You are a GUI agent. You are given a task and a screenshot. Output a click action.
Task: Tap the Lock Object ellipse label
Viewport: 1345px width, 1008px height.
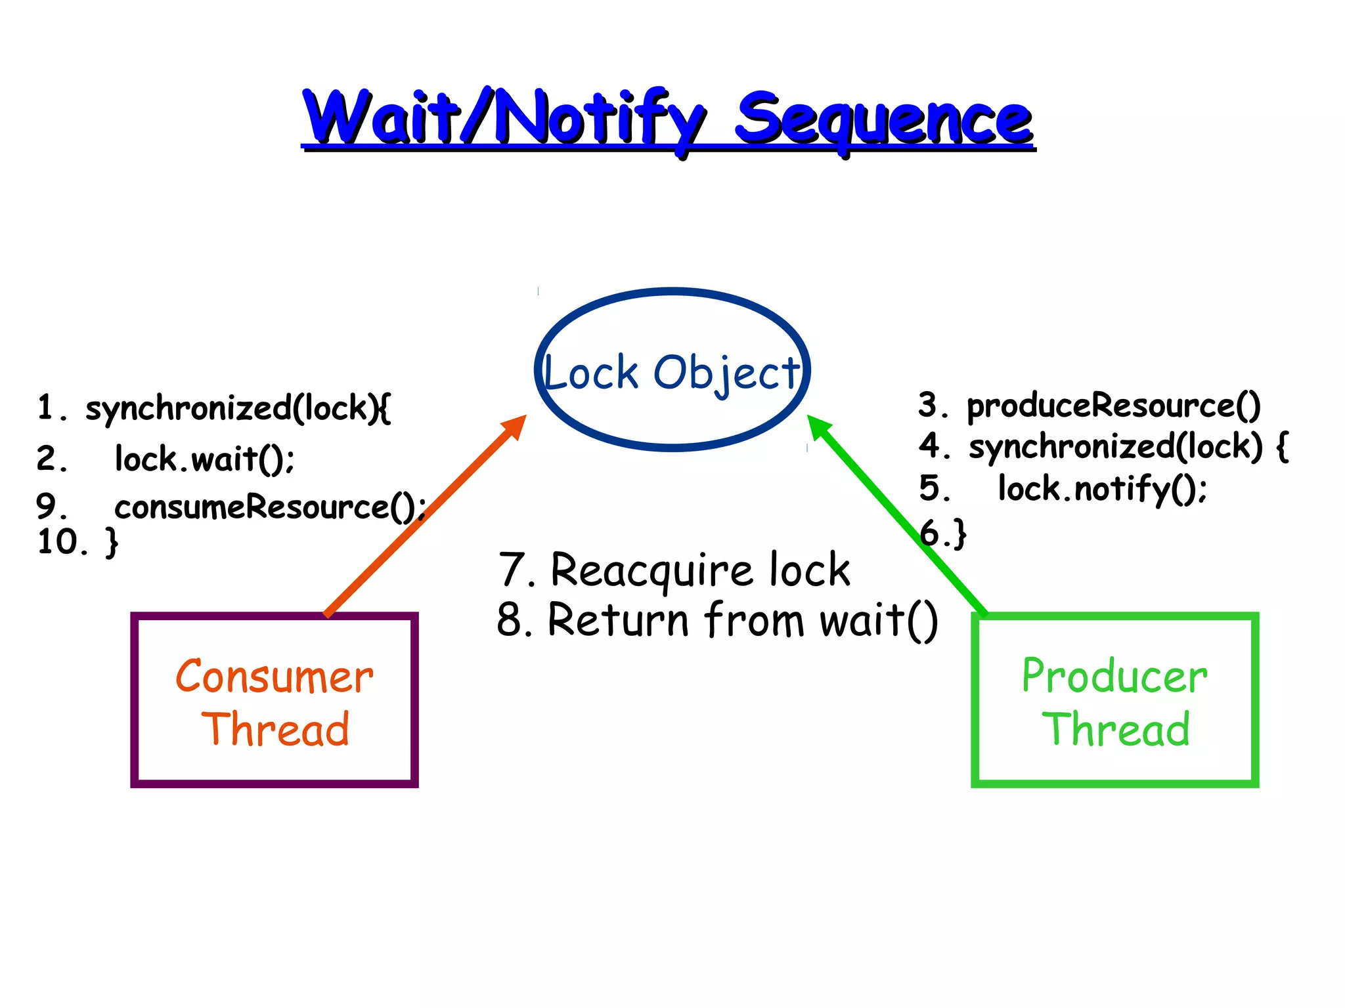pyautogui.click(x=672, y=373)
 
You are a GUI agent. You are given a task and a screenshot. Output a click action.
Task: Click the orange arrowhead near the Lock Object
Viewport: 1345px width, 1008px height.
pyautogui.click(x=515, y=427)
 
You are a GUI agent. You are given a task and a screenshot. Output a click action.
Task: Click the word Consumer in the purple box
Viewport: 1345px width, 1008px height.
pyautogui.click(x=275, y=677)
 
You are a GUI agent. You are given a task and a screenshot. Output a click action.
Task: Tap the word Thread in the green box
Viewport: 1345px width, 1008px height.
pyautogui.click(x=1116, y=730)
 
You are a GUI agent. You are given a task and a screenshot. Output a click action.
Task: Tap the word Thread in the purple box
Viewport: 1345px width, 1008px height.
pyautogui.click(x=275, y=730)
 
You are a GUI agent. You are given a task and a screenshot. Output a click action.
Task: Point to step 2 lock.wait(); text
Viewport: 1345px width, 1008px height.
pyautogui.click(x=204, y=459)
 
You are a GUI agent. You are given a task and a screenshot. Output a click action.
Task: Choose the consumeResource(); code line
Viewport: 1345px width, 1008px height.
pyautogui.click(x=270, y=507)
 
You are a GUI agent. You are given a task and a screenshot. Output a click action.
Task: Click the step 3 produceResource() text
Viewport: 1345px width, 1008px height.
pyautogui.click(x=1113, y=406)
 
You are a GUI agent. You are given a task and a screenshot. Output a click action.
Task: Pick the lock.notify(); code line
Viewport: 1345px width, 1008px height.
pyautogui.click(x=1102, y=489)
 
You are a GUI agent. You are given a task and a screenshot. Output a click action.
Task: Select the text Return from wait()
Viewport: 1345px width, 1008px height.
pyautogui.click(x=742, y=619)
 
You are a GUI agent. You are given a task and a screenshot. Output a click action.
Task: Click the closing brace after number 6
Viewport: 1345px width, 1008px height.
pyautogui.click(x=960, y=533)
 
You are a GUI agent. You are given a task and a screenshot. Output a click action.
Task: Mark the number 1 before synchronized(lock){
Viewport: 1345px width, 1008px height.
pyautogui.click(x=45, y=407)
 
